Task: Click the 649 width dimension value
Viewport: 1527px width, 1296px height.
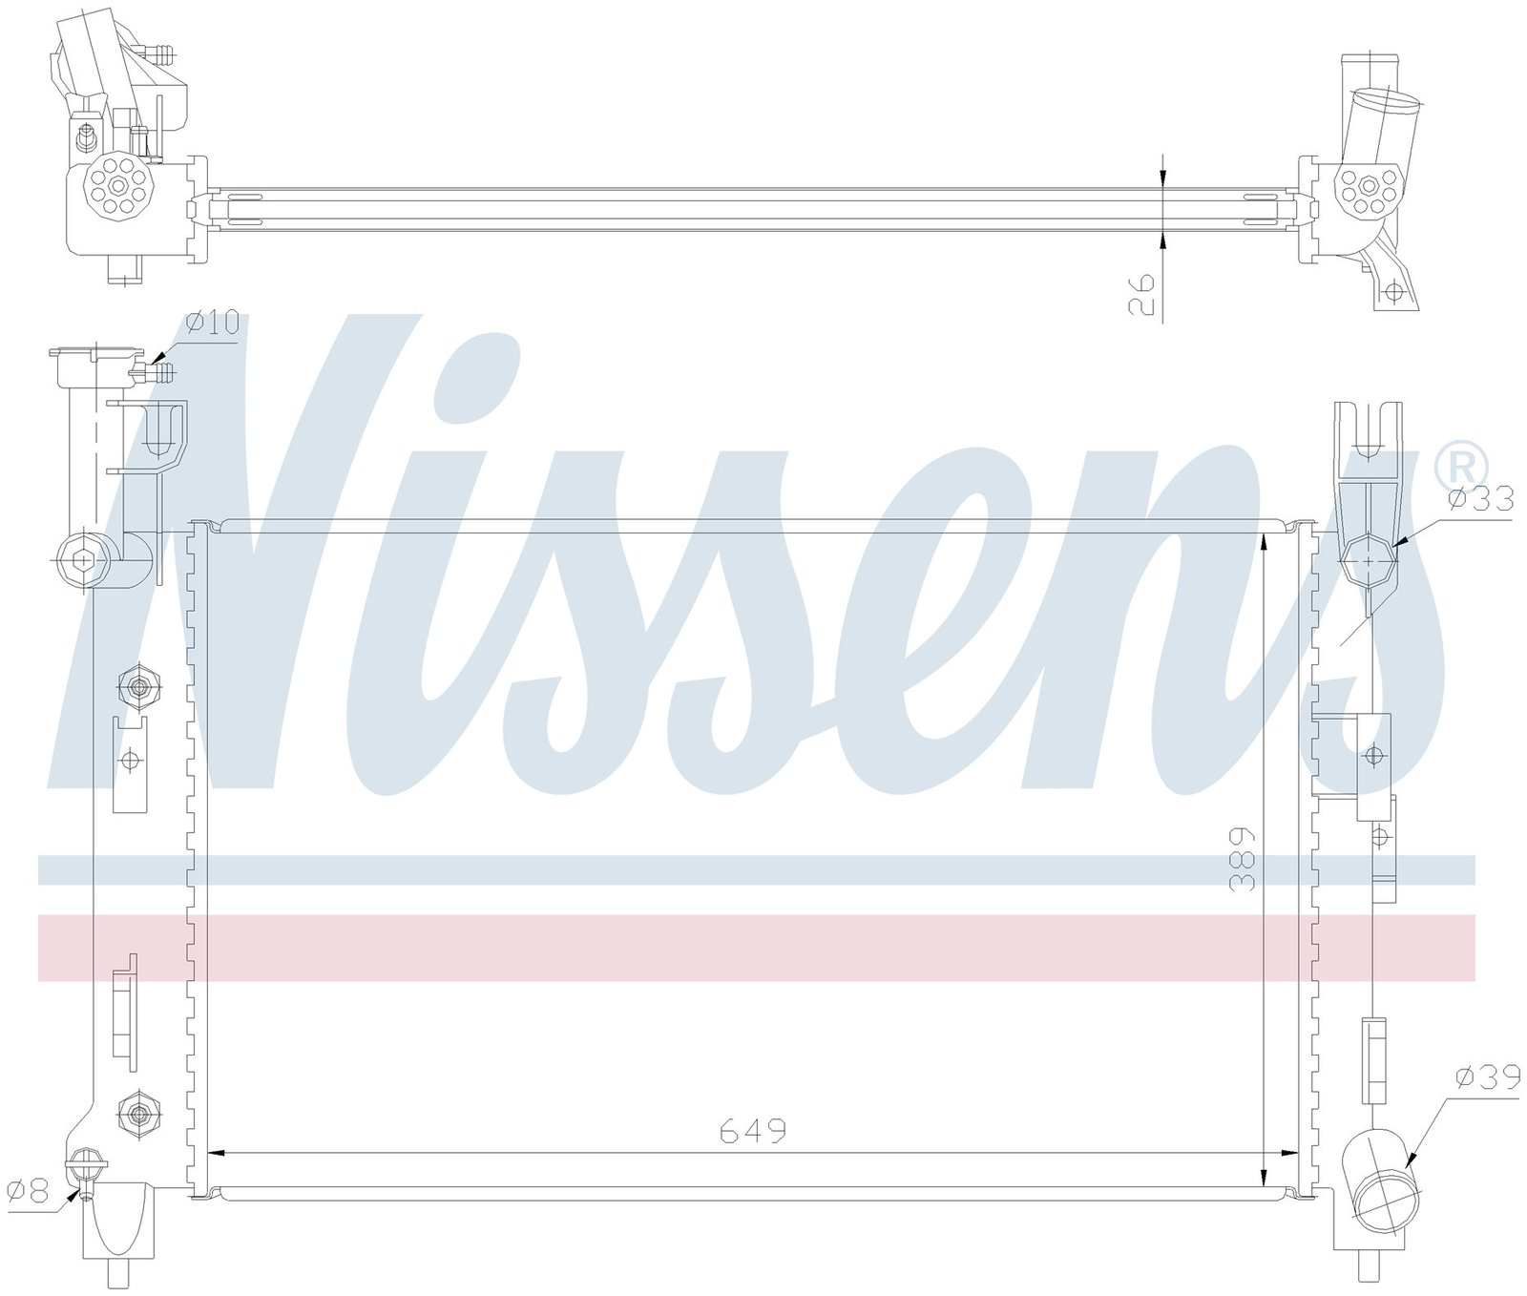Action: [752, 1131]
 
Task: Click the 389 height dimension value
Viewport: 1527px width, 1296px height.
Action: [1242, 859]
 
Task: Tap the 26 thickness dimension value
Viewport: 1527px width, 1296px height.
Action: [1141, 294]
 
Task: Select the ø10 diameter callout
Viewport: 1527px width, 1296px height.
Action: [212, 324]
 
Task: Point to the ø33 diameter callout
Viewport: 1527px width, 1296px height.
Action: [1480, 498]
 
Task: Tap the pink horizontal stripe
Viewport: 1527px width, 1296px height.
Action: [756, 948]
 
